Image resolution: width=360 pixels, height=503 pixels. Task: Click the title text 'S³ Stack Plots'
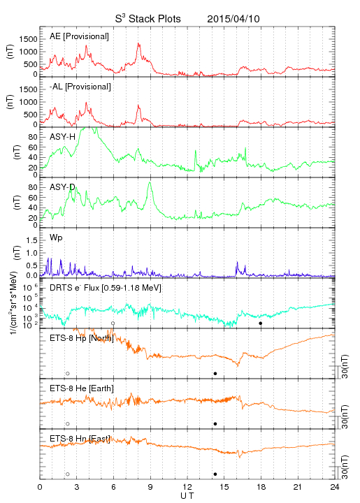148,19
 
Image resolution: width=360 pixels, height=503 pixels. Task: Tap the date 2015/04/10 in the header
233,19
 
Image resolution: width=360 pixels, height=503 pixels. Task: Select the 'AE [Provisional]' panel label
79,36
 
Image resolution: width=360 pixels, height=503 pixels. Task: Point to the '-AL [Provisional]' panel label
80,87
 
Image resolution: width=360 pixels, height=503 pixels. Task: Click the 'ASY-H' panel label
63,137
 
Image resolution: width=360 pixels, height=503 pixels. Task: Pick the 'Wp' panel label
56,238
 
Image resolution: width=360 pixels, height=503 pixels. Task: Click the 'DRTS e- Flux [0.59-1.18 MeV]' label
106,288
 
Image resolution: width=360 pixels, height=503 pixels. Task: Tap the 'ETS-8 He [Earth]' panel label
82,388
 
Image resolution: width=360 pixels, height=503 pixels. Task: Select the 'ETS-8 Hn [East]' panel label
80,439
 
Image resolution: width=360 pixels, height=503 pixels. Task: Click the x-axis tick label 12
187,487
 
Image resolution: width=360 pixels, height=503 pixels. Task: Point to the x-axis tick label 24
335,487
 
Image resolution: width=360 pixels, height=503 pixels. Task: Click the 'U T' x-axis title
187,496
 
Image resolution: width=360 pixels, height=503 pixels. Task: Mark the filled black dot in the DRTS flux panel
261,323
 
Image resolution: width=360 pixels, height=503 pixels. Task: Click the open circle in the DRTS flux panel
113,323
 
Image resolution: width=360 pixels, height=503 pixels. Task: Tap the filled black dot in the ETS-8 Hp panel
215,373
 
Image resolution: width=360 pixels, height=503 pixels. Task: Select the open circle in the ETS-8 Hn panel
68,474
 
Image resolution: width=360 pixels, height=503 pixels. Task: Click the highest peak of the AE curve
138,43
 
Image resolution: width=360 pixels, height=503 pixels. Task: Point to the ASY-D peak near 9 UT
150,182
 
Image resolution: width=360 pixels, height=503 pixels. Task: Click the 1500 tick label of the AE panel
29,39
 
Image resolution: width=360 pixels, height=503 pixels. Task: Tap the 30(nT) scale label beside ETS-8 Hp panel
345,366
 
